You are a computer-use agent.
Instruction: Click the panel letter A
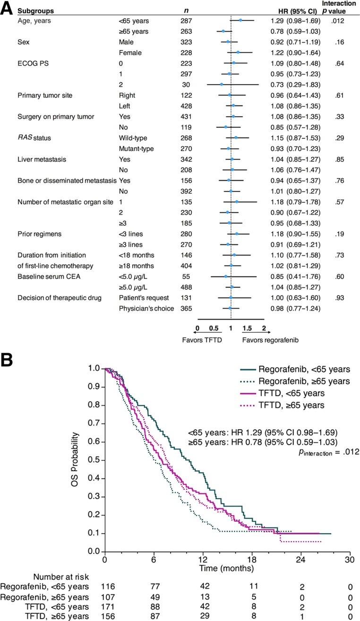7,9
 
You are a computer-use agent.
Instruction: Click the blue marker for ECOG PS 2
221,84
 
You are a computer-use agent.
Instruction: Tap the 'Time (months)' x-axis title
226,568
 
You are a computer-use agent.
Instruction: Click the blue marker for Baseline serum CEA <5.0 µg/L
225,276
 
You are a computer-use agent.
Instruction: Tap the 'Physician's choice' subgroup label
146,309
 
